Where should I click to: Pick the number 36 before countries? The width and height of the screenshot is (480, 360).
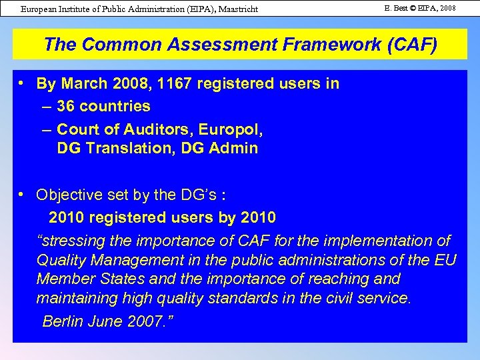coord(67,105)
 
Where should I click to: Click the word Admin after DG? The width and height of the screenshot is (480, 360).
coord(235,148)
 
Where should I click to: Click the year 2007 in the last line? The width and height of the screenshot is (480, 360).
coord(140,321)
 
